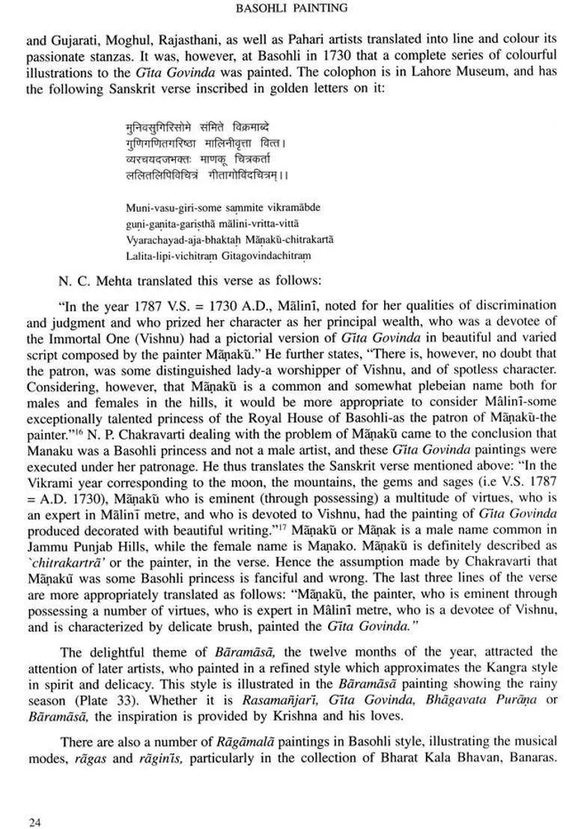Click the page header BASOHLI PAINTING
point(291,9)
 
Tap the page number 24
point(35,802)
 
